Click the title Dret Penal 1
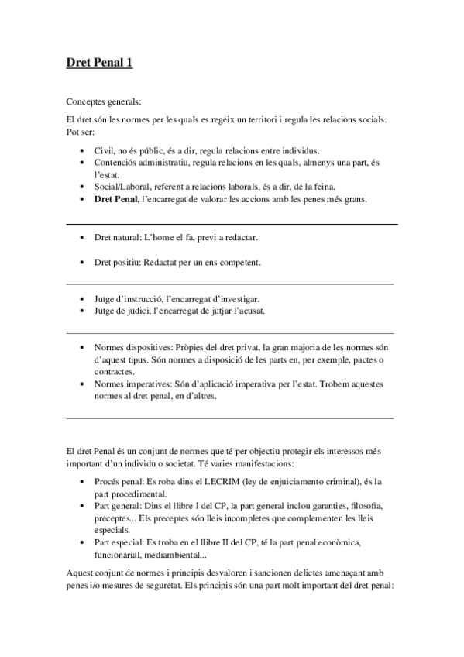[x=99, y=64]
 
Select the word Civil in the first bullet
[x=103, y=150]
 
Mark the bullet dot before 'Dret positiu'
[x=83, y=262]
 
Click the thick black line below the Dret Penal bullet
[x=232, y=224]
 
